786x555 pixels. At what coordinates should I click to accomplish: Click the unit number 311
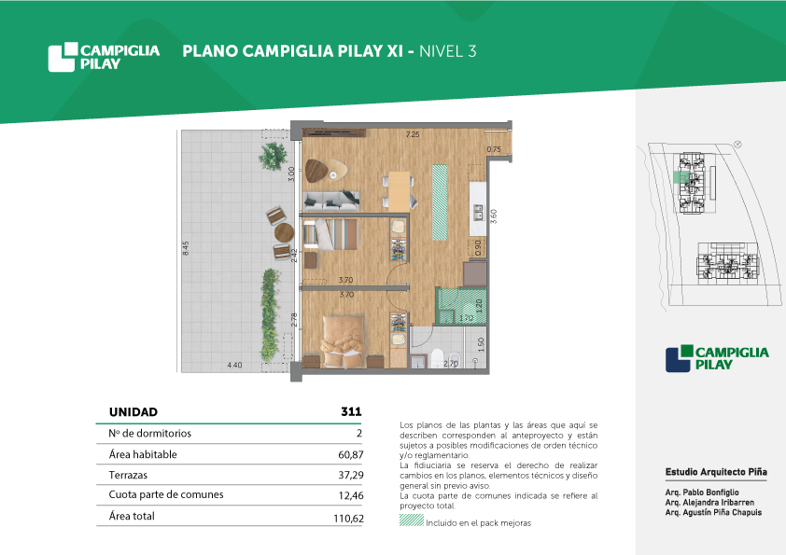351,411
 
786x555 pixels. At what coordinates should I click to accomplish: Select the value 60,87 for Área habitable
350,455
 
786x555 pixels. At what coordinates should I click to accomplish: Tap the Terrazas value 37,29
350,475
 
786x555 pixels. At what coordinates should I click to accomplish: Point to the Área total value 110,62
348,519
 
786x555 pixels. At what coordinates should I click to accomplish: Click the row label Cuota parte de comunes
166,495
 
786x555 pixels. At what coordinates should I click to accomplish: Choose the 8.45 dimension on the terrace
186,248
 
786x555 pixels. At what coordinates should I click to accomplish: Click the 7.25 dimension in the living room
413,134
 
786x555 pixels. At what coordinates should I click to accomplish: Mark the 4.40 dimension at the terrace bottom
234,365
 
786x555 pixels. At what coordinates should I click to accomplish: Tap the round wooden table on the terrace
284,232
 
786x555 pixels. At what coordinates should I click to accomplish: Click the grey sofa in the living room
331,200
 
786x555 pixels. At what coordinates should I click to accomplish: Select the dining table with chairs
400,190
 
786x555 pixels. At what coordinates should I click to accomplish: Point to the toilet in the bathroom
437,357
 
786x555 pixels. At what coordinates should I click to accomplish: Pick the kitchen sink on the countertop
478,213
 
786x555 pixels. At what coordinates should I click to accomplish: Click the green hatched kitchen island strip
440,201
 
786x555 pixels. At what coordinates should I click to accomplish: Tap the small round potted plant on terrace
274,156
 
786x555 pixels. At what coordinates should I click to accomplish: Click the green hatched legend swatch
412,520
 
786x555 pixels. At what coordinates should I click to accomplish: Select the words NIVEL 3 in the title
448,51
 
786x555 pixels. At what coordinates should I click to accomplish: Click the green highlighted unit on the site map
681,177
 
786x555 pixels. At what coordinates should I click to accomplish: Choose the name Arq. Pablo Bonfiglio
702,493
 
